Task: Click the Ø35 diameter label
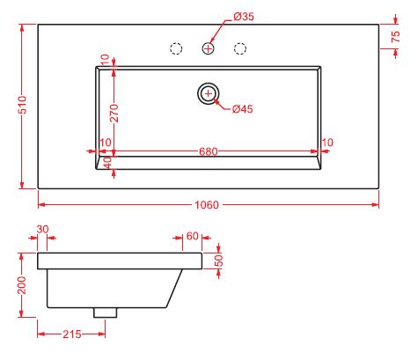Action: pos(244,17)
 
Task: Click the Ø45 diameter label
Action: pos(242,109)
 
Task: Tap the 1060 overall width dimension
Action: pos(207,205)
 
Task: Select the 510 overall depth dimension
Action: pos(23,105)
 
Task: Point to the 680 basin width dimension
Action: pos(209,151)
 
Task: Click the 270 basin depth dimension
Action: pos(114,113)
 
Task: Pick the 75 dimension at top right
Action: pos(395,36)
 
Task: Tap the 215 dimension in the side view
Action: pos(72,334)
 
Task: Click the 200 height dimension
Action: pos(22,285)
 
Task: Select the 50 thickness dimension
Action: pos(219,261)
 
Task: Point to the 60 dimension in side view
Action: pos(193,236)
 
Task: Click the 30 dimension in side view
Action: pos(42,229)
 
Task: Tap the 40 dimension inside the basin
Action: pos(108,162)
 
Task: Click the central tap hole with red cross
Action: pos(209,48)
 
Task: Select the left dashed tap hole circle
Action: pos(176,48)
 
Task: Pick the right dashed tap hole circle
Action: pos(240,48)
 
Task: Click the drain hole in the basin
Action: pos(209,93)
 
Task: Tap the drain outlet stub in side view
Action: pos(106,312)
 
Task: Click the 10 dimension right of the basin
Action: pos(327,143)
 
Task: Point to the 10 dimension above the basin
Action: pos(105,59)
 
